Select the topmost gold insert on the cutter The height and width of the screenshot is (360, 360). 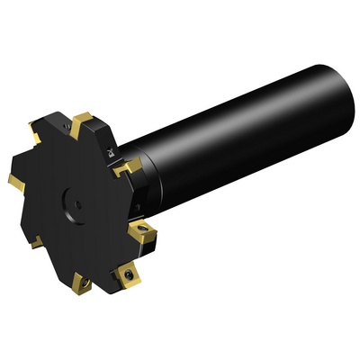(x=83, y=119)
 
